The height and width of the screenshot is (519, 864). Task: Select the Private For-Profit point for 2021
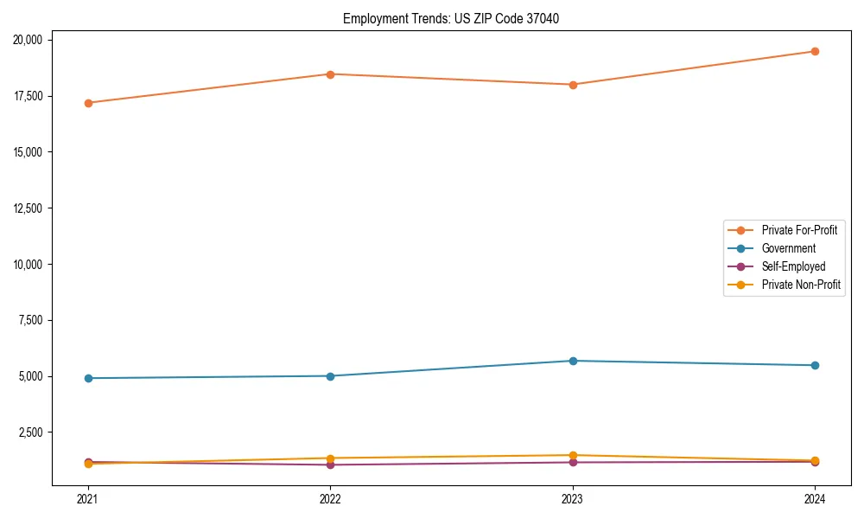(87, 103)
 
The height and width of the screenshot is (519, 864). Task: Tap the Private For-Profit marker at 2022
(330, 74)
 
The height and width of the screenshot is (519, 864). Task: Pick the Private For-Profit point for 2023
(573, 85)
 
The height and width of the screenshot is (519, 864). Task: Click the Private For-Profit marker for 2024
(815, 51)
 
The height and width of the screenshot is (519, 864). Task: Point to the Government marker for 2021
(87, 378)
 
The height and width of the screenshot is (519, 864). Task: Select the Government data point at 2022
(330, 376)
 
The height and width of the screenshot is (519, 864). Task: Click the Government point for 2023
(573, 361)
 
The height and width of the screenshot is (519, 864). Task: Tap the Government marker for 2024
(815, 365)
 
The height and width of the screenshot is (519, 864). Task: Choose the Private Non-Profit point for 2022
(330, 458)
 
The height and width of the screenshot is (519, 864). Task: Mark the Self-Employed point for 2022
(330, 465)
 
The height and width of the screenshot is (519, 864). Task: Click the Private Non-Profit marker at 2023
(573, 455)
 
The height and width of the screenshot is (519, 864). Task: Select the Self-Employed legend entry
(793, 266)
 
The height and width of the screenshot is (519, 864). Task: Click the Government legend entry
(788, 248)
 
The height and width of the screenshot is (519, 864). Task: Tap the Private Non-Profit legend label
(801, 285)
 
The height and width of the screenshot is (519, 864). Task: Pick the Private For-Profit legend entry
(799, 230)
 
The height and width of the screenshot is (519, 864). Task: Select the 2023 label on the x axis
(573, 499)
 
